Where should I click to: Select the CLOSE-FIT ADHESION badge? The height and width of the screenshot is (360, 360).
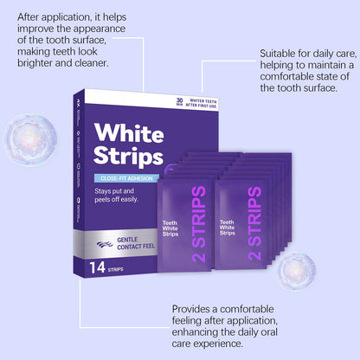[126, 180]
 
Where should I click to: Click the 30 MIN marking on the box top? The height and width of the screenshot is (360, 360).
[179, 101]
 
